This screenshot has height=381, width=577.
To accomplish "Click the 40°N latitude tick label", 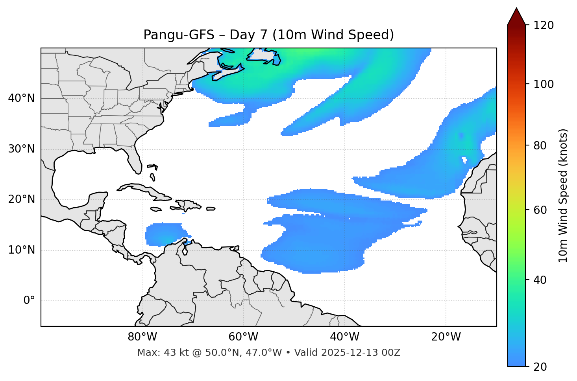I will coord(21,98).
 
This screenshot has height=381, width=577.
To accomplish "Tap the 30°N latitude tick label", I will coord(21,149).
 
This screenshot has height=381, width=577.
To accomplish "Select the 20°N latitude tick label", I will coord(21,200).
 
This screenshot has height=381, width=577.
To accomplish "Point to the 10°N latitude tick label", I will coord(21,250).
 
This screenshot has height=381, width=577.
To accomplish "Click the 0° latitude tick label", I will coord(29,301).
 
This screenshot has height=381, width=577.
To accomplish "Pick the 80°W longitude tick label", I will coord(142,337).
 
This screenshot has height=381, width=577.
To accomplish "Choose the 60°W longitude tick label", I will coord(243,337).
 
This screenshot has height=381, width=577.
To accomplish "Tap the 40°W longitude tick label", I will coord(345,337).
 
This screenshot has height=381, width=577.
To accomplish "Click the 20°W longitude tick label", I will coord(446,337).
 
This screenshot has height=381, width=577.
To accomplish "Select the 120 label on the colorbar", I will coord(544,26).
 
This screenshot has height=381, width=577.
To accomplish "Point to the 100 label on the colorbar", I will coord(544,84).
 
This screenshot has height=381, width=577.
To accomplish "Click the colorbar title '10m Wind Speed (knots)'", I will coord(563,196).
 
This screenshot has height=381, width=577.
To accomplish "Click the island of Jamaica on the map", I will coord(156,209).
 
